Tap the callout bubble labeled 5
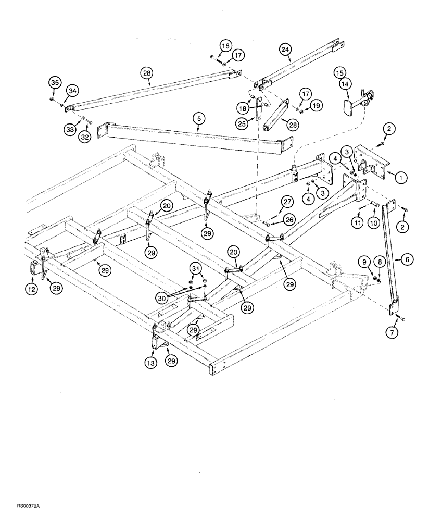tap(198, 119)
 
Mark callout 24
tap(285, 49)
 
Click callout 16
tap(224, 46)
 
